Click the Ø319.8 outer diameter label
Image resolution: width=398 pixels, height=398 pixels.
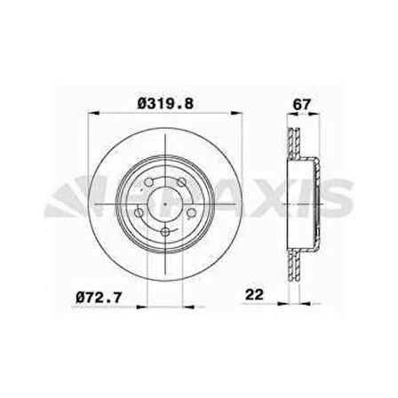[166, 104]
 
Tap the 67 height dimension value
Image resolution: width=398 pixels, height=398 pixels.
[302, 104]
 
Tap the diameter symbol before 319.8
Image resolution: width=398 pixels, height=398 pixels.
[142, 104]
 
